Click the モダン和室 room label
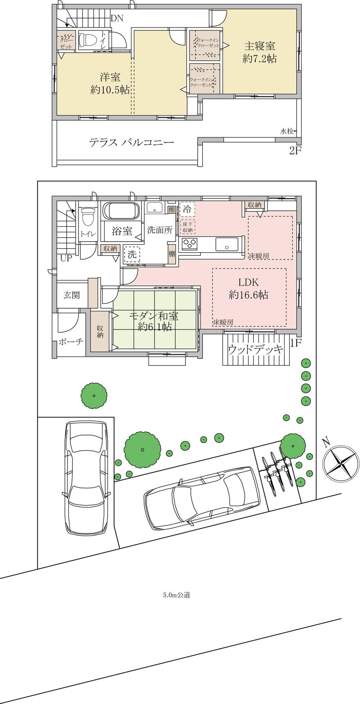154,317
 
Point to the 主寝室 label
260,46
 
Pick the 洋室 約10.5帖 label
110,84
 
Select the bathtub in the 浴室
121,210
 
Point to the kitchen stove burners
189,244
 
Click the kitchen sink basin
226,245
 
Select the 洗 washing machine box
132,254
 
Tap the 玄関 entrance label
72,295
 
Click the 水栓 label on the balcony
287,131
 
